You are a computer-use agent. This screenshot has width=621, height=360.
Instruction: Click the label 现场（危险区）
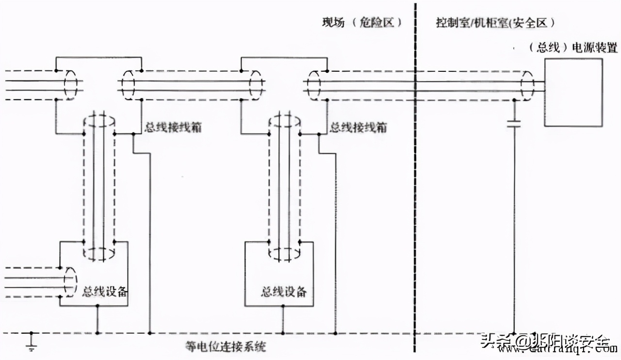click(362, 23)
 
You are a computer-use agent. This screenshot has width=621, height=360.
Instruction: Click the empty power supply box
click(573, 92)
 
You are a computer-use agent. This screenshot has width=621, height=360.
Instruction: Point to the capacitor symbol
click(513, 124)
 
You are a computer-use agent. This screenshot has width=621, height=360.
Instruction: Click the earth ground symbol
click(32, 345)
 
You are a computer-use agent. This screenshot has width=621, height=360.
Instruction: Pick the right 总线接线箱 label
click(359, 128)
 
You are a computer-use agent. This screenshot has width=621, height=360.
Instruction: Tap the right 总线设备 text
click(284, 292)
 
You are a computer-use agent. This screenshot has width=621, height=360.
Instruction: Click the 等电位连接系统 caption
click(226, 347)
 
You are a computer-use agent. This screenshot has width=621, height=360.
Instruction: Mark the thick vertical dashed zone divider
click(415, 194)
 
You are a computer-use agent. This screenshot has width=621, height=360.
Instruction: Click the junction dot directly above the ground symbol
click(32, 333)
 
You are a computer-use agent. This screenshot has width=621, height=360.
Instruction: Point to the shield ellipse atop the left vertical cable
click(98, 120)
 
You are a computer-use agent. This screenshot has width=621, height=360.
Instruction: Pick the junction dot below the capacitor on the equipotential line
click(513, 333)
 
